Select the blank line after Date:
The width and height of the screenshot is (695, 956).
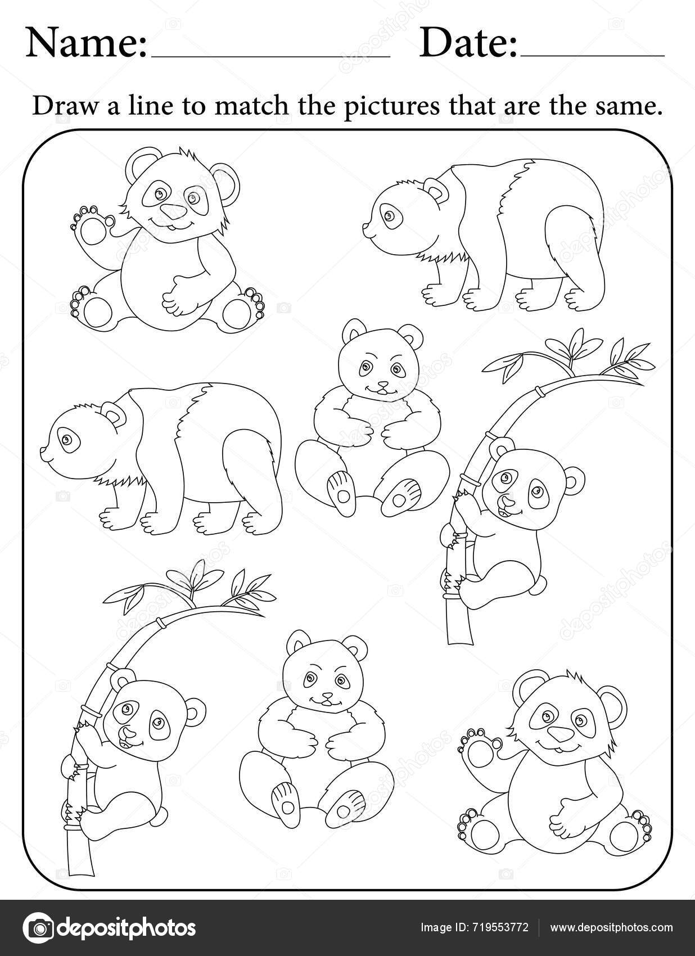coord(593,56)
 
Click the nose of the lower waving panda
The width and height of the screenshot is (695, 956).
coord(560,734)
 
